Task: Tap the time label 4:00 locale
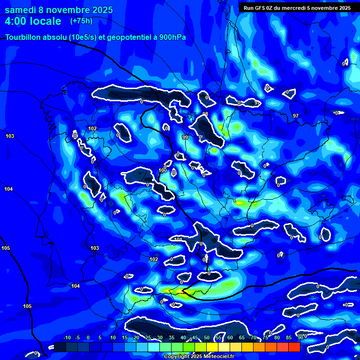click(33, 21)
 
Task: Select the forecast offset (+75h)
click(81, 21)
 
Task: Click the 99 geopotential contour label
click(185, 137)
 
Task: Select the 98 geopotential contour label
click(205, 114)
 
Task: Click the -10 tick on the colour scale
click(67, 338)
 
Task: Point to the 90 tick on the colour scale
click(300, 338)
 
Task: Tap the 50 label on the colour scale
click(207, 338)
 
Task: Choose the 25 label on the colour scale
click(148, 338)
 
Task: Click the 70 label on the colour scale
click(254, 338)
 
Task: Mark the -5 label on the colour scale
click(77, 338)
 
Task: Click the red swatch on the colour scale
click(294, 347)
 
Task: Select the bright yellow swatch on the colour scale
click(212, 347)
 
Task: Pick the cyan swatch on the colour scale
click(153, 347)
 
